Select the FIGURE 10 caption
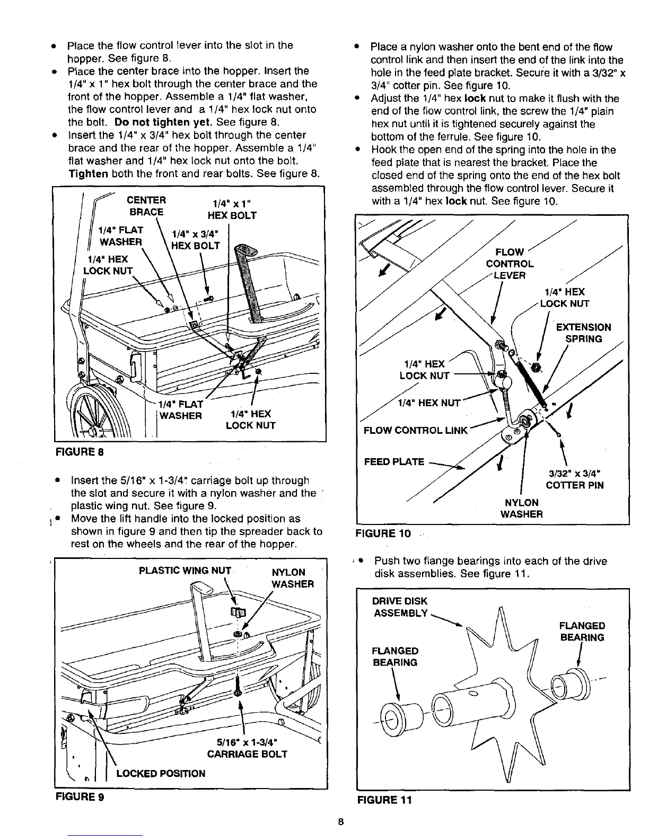tap(384, 533)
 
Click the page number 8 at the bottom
tap(341, 822)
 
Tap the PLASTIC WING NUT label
tap(185, 571)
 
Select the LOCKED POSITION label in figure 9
tap(160, 773)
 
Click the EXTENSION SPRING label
tap(583, 333)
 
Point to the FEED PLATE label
tap(394, 461)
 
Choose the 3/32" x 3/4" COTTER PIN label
tap(575, 479)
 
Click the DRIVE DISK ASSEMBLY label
tap(400, 607)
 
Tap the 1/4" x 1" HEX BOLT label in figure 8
tap(232, 209)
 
